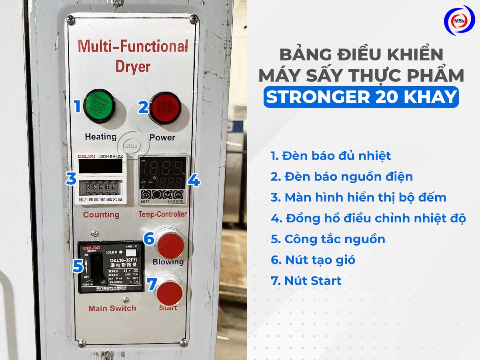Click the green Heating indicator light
point(99,106)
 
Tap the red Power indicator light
point(165,108)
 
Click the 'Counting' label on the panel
point(101,214)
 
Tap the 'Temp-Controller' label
point(162,214)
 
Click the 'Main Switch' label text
point(112,308)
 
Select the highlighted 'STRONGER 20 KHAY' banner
point(360,97)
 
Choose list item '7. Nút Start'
point(306,281)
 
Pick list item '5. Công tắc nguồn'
point(328,239)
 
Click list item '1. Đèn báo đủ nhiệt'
point(331,156)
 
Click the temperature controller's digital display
point(164,174)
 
